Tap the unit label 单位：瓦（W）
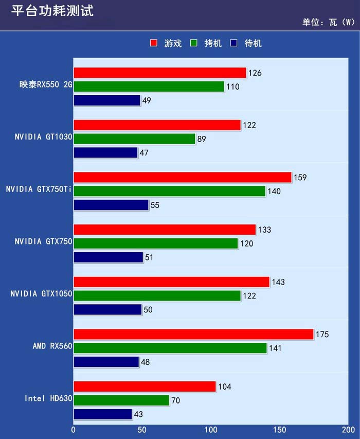click(x=328, y=23)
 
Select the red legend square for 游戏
click(x=153, y=43)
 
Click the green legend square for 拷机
click(x=194, y=43)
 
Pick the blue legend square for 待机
click(x=234, y=43)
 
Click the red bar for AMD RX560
click(x=193, y=335)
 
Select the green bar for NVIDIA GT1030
click(x=134, y=139)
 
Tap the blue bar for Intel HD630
click(x=103, y=414)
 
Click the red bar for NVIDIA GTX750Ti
click(x=183, y=178)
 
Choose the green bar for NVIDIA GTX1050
click(x=157, y=296)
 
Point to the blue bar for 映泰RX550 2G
click(x=107, y=100)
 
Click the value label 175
click(x=322, y=335)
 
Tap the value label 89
click(x=202, y=139)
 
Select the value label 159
click(x=300, y=178)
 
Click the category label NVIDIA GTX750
click(x=43, y=241)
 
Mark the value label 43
click(x=138, y=414)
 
